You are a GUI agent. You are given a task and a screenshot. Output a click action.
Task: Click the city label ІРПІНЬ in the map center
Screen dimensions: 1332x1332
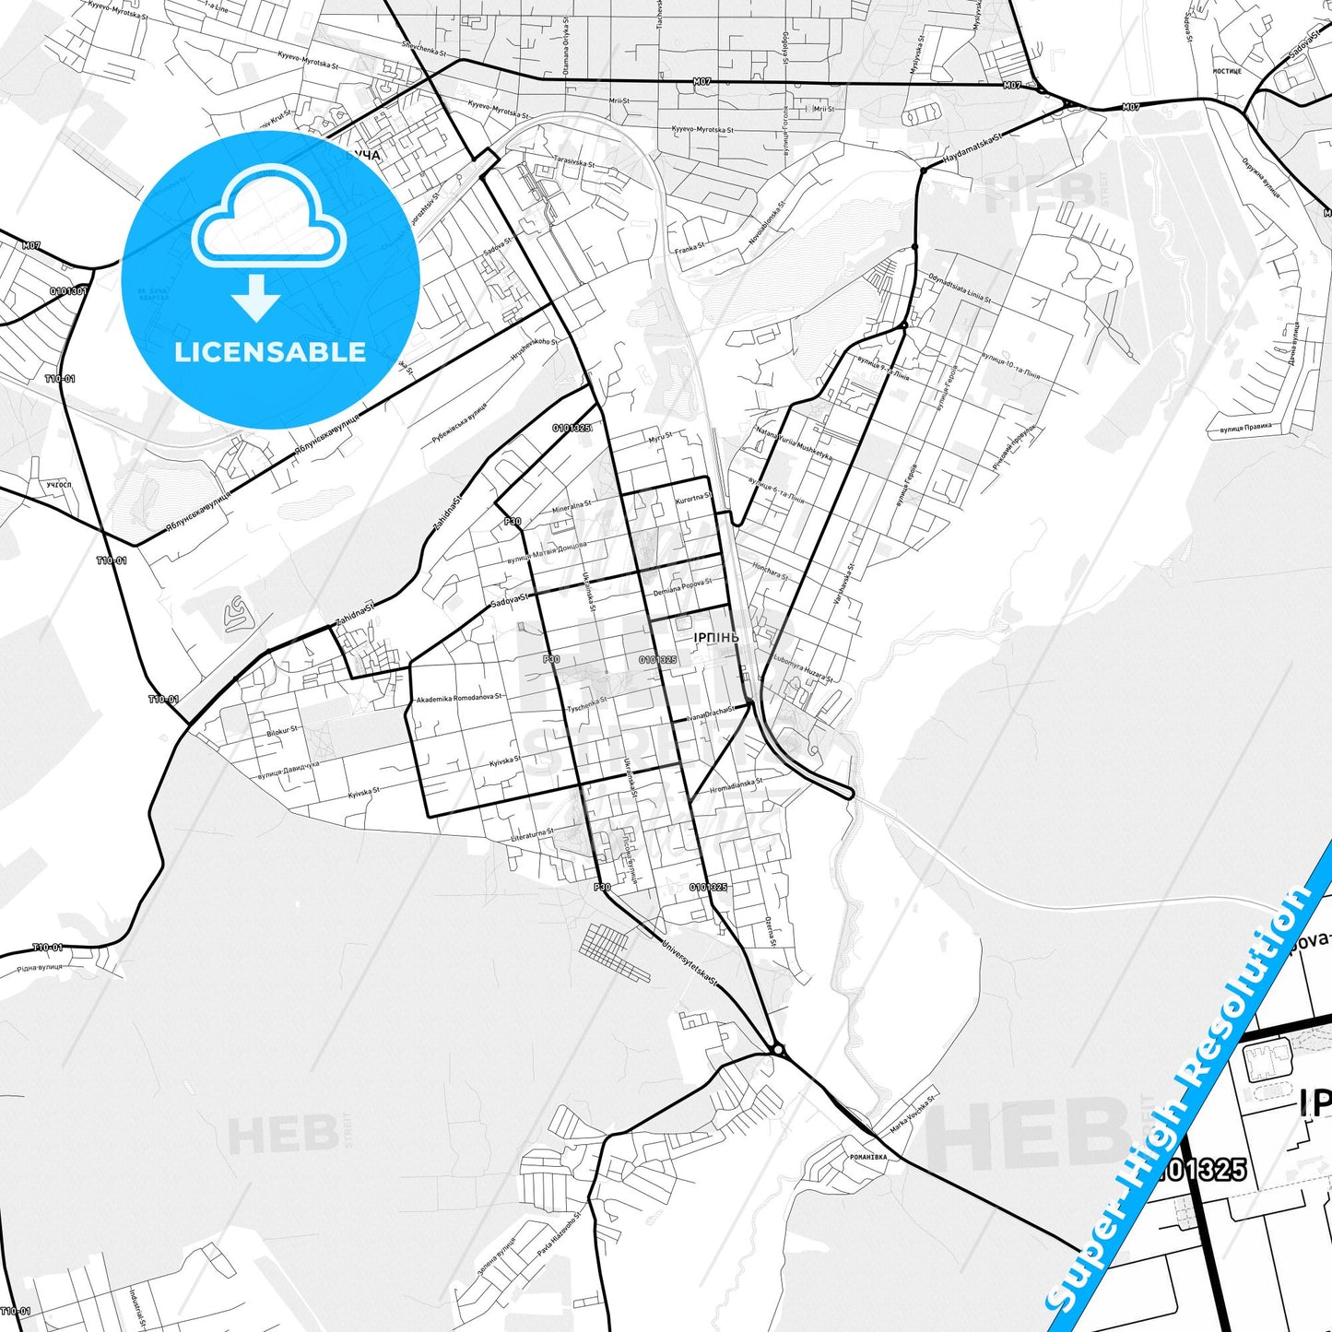[716, 637]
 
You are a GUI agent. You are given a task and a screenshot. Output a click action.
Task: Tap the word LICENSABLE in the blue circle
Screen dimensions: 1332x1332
[270, 352]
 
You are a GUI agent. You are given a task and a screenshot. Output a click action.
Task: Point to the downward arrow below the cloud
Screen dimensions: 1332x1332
[256, 298]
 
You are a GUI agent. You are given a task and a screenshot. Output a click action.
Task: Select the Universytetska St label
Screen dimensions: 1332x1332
[688, 961]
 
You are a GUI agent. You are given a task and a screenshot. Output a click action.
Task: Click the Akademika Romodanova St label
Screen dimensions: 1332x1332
[459, 699]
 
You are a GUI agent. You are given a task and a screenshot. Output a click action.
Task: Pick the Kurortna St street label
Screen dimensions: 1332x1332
[693, 498]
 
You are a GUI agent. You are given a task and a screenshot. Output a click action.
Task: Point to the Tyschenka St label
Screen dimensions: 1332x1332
[587, 705]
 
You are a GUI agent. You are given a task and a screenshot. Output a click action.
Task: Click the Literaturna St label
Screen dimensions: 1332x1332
[533, 835]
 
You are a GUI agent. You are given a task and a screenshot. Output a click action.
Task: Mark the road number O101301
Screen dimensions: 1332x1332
[68, 291]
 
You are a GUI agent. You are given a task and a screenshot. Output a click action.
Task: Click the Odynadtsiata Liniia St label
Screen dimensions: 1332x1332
[960, 289]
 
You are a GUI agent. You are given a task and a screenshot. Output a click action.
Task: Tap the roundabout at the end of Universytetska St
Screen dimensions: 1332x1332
[777, 1049]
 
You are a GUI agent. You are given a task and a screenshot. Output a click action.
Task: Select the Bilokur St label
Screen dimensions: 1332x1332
[282, 731]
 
